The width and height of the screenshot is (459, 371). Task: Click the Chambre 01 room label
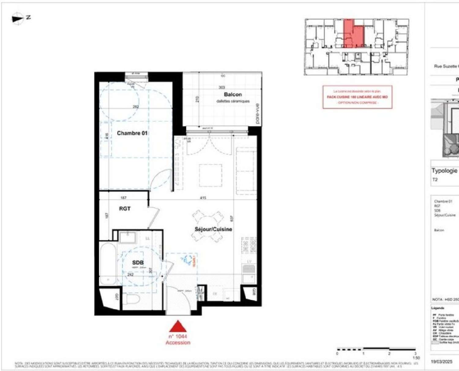132,133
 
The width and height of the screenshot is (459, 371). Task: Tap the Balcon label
233,95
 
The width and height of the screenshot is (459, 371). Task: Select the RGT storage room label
125,209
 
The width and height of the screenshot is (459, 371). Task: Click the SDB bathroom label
138,263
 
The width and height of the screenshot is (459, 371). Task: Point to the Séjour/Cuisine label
213,229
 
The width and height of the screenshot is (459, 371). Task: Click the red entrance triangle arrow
178,327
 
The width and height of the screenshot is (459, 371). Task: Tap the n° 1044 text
178,336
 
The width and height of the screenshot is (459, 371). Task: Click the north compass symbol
18,18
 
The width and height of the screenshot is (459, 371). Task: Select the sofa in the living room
246,171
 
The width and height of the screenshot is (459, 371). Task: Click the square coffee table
211,175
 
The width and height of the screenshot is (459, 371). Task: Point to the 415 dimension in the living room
203,198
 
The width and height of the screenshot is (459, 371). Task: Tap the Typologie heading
444,171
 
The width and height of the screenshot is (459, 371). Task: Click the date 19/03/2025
442,362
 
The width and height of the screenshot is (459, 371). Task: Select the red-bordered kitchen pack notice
357,97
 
